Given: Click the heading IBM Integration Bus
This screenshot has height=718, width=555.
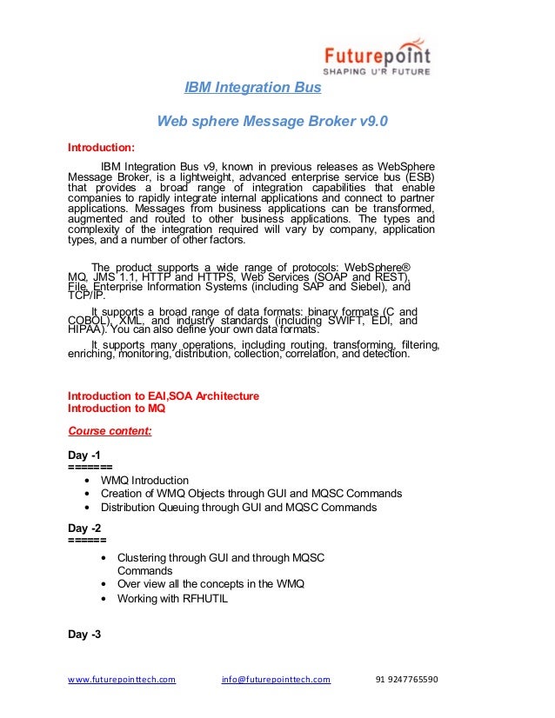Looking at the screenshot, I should click(x=253, y=88).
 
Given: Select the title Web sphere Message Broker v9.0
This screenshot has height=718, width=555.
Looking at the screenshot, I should click(x=272, y=123).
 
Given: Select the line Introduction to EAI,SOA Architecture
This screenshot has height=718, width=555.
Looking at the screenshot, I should click(x=164, y=396).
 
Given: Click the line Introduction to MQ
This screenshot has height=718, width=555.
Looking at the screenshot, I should click(x=117, y=408).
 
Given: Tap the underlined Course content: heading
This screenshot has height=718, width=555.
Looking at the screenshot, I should click(x=110, y=429).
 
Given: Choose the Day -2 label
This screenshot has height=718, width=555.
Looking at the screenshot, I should click(x=84, y=528).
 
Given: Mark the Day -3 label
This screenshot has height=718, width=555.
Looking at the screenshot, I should click(x=84, y=635).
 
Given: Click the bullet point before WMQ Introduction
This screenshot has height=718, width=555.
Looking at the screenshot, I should click(x=90, y=481).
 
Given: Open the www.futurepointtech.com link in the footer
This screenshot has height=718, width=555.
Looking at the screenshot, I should click(x=122, y=680).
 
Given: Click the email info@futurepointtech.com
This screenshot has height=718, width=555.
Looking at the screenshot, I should click(x=277, y=680).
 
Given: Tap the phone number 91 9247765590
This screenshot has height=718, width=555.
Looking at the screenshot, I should click(x=406, y=680).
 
